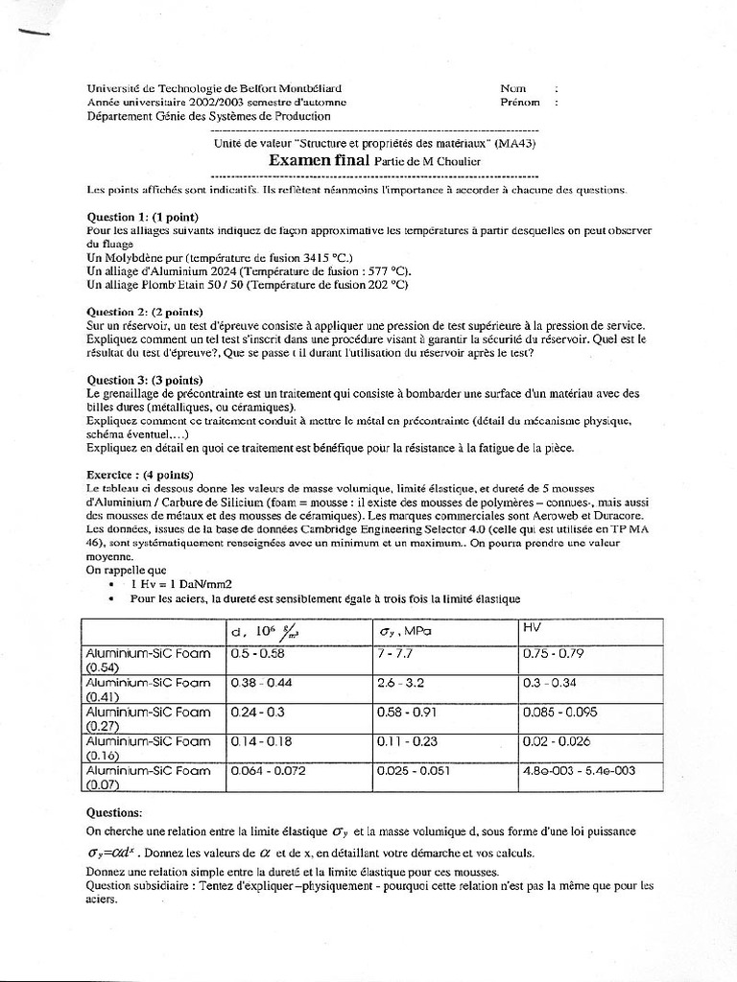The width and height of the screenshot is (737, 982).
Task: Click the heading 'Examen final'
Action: point(318,161)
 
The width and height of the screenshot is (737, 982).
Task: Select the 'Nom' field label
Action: point(513,88)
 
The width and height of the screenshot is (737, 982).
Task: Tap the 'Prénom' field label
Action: point(520,102)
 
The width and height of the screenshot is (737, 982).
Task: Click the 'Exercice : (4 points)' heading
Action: point(140,475)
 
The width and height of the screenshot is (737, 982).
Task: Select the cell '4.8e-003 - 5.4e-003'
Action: point(581,770)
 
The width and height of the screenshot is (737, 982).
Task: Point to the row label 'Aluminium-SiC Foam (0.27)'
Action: point(148,718)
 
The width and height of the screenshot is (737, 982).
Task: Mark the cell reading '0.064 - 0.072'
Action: point(271,770)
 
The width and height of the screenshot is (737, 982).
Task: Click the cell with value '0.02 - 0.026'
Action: point(557,741)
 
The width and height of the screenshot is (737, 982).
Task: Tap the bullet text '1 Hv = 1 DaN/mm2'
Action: point(184,582)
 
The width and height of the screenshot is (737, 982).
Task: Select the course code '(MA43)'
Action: point(516,143)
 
